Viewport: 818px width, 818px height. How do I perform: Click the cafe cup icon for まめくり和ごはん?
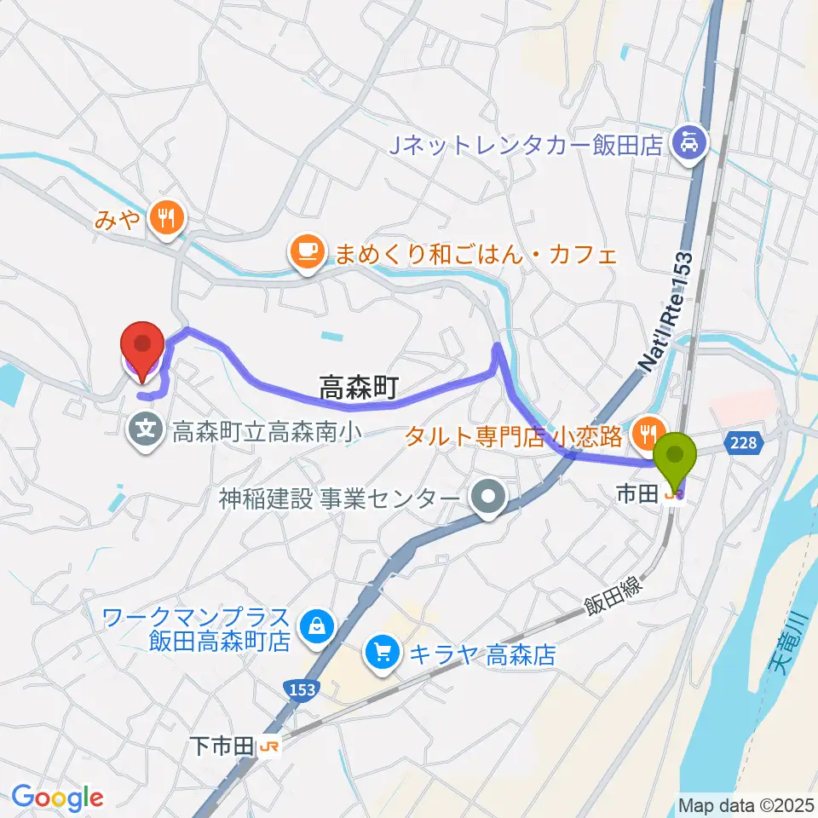[x=305, y=251]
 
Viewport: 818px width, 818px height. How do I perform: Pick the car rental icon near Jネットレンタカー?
[x=688, y=140]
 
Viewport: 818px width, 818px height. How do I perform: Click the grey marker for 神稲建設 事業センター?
[x=488, y=498]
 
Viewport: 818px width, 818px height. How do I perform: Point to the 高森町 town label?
[x=359, y=390]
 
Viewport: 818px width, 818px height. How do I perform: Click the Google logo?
[x=57, y=798]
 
